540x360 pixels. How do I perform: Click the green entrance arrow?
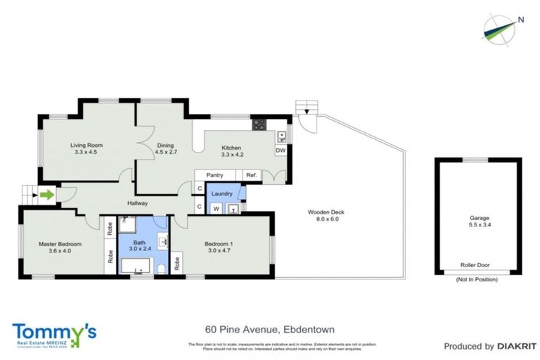tap(46, 195)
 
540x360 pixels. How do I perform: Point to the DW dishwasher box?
tap(280, 150)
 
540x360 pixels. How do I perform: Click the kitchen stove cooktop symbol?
tap(259, 126)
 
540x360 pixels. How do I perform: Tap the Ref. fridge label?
tap(251, 175)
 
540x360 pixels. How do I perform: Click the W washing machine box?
tap(216, 207)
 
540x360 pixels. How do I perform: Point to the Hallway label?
tap(138, 203)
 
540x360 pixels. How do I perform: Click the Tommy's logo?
tap(54, 333)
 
